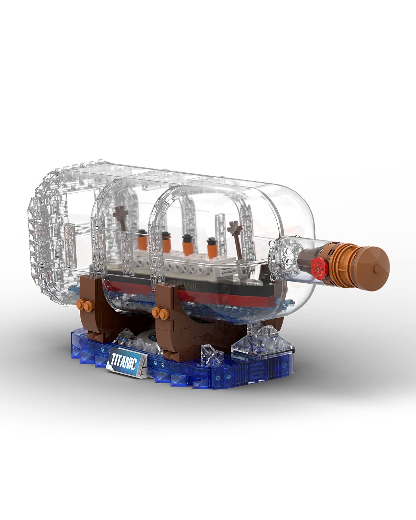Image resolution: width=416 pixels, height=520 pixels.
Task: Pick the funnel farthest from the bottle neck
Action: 141,237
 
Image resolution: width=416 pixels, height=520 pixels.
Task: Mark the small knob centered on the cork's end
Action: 376,268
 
